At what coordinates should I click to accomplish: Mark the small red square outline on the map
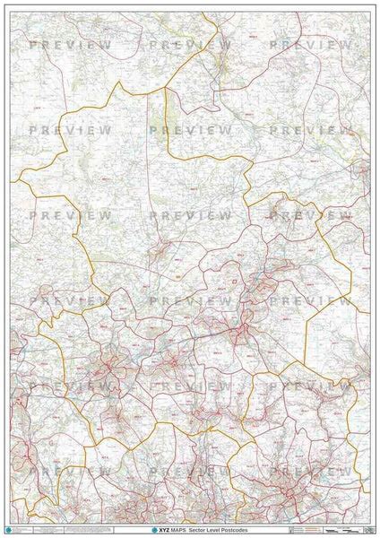coord(236,283)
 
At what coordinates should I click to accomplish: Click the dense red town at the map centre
coord(239,334)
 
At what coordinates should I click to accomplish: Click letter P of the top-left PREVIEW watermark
coord(33,44)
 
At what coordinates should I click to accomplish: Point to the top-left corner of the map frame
coord(10,12)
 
